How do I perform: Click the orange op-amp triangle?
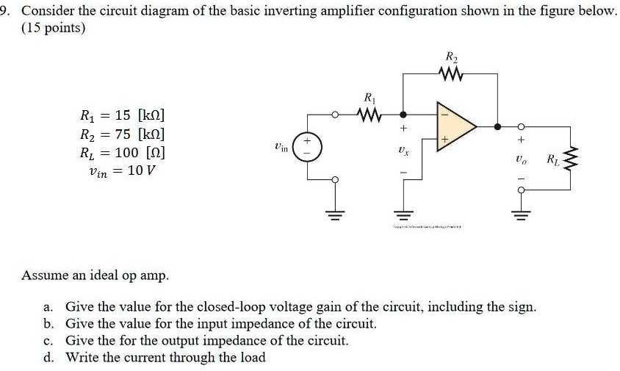[455, 126]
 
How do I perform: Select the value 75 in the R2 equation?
[123, 135]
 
